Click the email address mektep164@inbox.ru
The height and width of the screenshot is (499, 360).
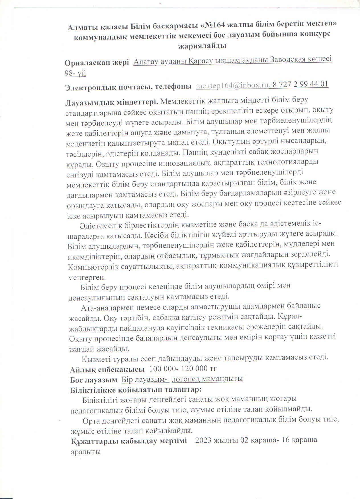click(232, 85)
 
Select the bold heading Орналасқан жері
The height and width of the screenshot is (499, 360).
click(97, 63)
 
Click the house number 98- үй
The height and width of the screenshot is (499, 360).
click(75, 73)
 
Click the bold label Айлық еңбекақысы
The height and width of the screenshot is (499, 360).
click(107, 369)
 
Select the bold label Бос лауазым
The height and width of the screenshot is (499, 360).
click(94, 380)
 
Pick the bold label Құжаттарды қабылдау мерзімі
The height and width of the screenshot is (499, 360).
click(129, 441)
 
